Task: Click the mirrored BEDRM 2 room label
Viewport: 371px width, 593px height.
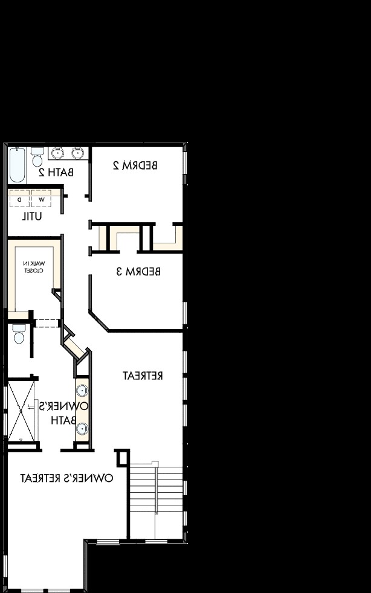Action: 135,165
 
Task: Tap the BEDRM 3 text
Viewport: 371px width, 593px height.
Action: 138,271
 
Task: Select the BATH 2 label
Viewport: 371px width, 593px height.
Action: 56,172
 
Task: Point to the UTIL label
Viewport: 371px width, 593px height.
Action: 32,216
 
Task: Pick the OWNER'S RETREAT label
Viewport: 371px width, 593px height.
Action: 66,478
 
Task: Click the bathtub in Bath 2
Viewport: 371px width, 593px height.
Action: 17,165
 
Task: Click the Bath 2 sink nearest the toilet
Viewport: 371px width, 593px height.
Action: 59,153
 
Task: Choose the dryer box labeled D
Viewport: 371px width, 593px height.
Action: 19,199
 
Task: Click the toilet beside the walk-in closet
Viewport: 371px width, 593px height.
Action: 18,334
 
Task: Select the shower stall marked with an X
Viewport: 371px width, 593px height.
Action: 22,411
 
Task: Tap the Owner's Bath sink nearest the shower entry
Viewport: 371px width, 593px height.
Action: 82,429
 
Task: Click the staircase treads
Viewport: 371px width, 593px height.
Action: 156,489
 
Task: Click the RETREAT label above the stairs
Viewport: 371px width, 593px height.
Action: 143,376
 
